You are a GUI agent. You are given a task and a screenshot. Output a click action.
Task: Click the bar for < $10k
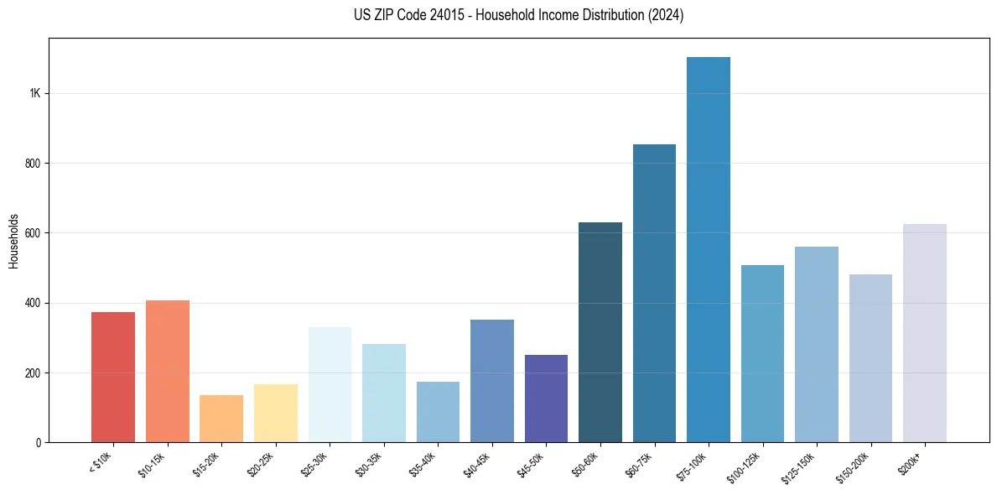pyautogui.click(x=113, y=378)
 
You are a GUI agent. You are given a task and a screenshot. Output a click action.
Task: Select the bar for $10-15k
pyautogui.click(x=168, y=372)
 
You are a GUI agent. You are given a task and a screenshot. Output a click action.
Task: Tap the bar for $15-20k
pyautogui.click(x=221, y=419)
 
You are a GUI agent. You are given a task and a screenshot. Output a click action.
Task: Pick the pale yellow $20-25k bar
pyautogui.click(x=276, y=414)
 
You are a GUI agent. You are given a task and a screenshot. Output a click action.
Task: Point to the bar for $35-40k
pyautogui.click(x=438, y=412)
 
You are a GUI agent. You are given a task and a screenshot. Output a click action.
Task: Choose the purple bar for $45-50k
pyautogui.click(x=546, y=399)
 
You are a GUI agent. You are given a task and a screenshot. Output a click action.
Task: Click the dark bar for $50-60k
pyautogui.click(x=600, y=332)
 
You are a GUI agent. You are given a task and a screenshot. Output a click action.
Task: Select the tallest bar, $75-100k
pyautogui.click(x=709, y=250)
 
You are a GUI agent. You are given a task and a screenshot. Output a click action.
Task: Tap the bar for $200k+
pyautogui.click(x=925, y=333)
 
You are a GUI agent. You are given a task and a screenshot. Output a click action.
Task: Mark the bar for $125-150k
pyautogui.click(x=817, y=345)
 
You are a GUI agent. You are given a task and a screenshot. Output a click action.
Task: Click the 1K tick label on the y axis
pyautogui.click(x=34, y=93)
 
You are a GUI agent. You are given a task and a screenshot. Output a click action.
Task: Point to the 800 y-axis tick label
pyautogui.click(x=33, y=164)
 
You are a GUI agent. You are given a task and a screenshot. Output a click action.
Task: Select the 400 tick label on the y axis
pyautogui.click(x=33, y=303)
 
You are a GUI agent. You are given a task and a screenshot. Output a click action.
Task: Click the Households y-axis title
pyautogui.click(x=13, y=240)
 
